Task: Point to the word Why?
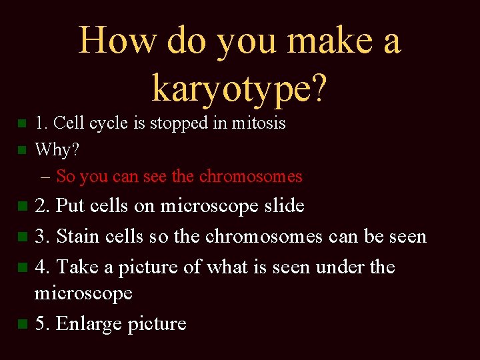(x=57, y=150)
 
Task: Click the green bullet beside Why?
(x=22, y=151)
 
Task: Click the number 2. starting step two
(x=43, y=206)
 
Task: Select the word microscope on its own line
(x=83, y=293)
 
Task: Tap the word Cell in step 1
(x=67, y=123)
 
